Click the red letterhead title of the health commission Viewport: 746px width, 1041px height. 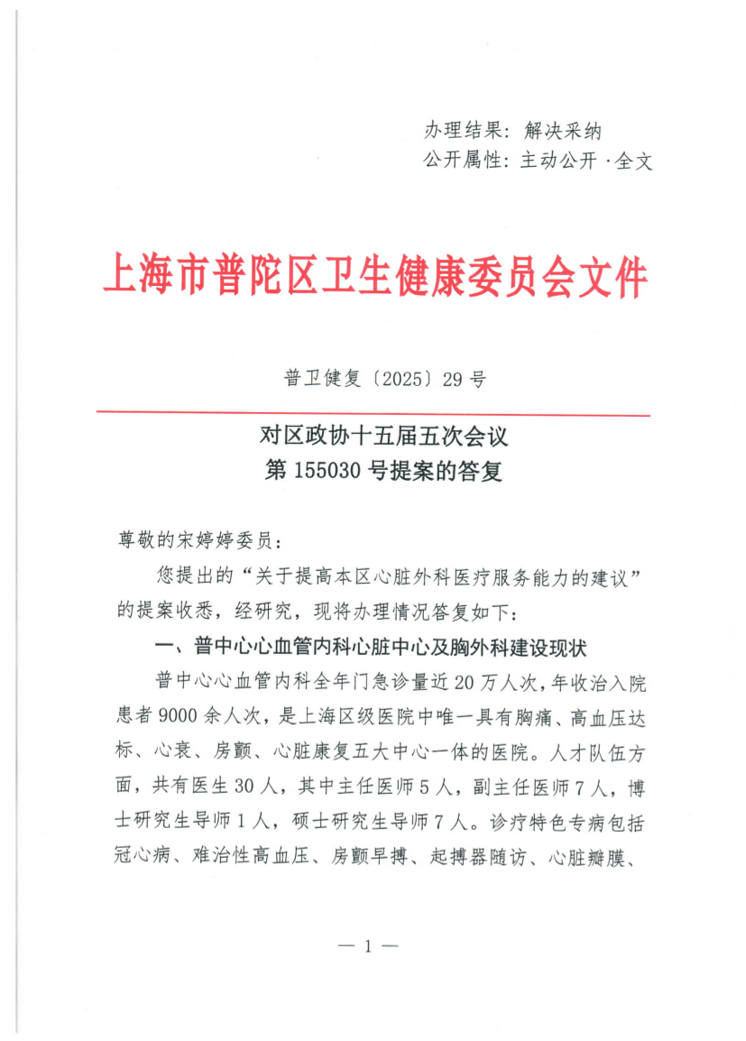(375, 276)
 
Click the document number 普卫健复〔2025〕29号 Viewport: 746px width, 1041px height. (385, 380)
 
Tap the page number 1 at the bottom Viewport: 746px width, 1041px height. (368, 946)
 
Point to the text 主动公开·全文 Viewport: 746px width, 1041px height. (586, 161)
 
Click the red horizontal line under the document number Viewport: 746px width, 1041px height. (373, 415)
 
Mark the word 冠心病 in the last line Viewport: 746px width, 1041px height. (143, 854)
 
